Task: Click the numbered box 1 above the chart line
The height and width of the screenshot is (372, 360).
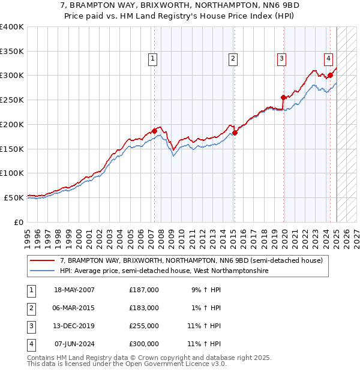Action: [x=153, y=59]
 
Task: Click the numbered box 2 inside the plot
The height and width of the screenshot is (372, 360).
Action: [x=232, y=59]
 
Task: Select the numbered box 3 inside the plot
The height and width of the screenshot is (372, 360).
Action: [x=281, y=59]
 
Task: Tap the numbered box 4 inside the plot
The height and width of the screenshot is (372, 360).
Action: [x=329, y=59]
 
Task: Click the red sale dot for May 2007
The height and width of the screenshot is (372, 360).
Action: [x=154, y=131]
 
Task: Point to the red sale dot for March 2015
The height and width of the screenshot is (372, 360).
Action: [x=235, y=133]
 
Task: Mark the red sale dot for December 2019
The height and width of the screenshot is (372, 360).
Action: [x=284, y=97]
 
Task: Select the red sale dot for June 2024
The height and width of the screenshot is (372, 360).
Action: [x=330, y=76]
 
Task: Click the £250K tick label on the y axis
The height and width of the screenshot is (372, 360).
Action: [x=13, y=100]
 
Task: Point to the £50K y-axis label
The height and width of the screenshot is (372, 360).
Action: [x=15, y=197]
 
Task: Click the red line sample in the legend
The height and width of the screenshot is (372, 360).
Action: [x=43, y=261]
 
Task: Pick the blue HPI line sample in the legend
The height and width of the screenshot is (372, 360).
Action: [x=43, y=271]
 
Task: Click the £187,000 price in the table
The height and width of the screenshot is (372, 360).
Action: [x=144, y=290]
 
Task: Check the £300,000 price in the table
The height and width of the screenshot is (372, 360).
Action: [x=144, y=344]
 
